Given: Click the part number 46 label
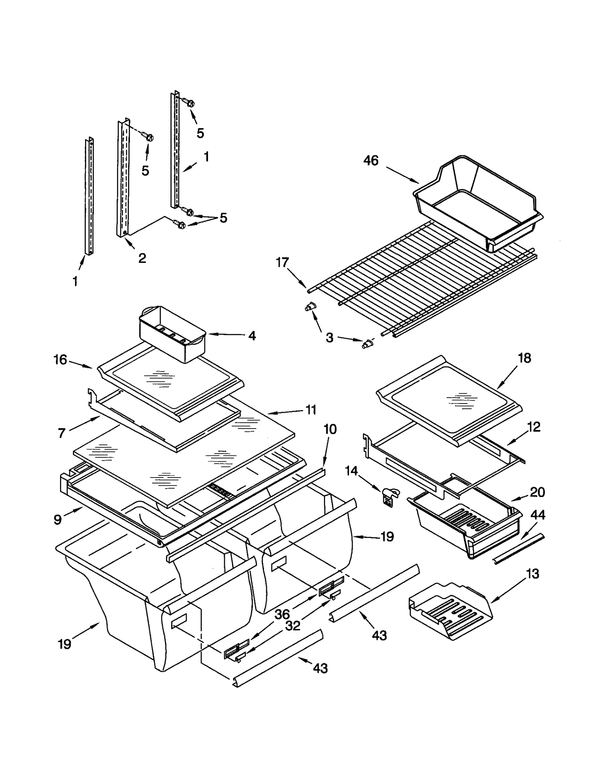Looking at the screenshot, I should [370, 161].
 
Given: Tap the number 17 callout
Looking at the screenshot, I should [282, 263].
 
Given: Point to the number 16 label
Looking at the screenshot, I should [60, 359].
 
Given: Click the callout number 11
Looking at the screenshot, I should [311, 409].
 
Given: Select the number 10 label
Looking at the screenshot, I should [330, 429].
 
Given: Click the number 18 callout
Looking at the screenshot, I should [524, 358].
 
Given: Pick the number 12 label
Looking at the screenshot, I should [534, 427].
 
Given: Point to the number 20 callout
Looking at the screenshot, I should [537, 492].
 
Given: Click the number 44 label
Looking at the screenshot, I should [537, 515].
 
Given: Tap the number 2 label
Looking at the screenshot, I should [142, 258].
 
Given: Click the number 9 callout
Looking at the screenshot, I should [57, 520].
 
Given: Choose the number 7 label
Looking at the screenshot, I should [62, 433].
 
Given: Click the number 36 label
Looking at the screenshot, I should [282, 614].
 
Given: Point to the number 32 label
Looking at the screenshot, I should [293, 626].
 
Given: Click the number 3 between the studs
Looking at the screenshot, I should [329, 337].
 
